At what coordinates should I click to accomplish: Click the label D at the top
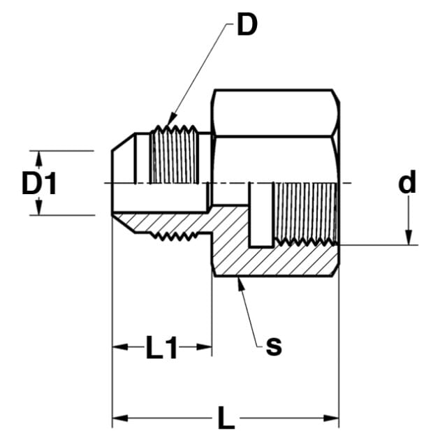[x=247, y=25]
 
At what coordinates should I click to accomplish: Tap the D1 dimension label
[x=39, y=184]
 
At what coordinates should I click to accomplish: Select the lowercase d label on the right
[x=407, y=182]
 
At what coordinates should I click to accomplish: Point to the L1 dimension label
[x=161, y=347]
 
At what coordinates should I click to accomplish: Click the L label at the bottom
[x=226, y=418]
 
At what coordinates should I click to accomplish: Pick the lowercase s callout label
[x=274, y=346]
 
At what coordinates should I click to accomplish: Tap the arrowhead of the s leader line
[x=241, y=284]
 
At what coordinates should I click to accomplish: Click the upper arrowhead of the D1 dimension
[x=39, y=158]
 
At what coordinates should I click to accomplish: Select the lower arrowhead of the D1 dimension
[x=39, y=207]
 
